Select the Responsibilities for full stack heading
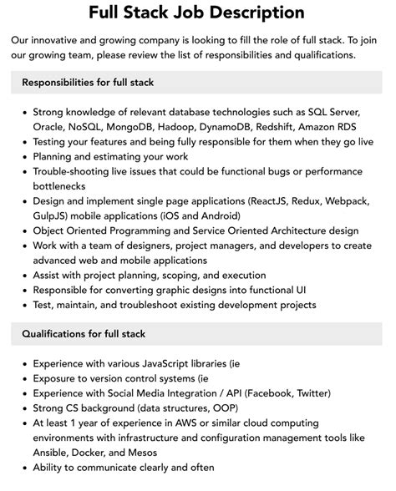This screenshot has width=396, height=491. click(x=88, y=83)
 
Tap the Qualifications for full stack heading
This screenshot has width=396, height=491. click(x=84, y=334)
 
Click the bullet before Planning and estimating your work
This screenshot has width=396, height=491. click(x=23, y=156)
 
